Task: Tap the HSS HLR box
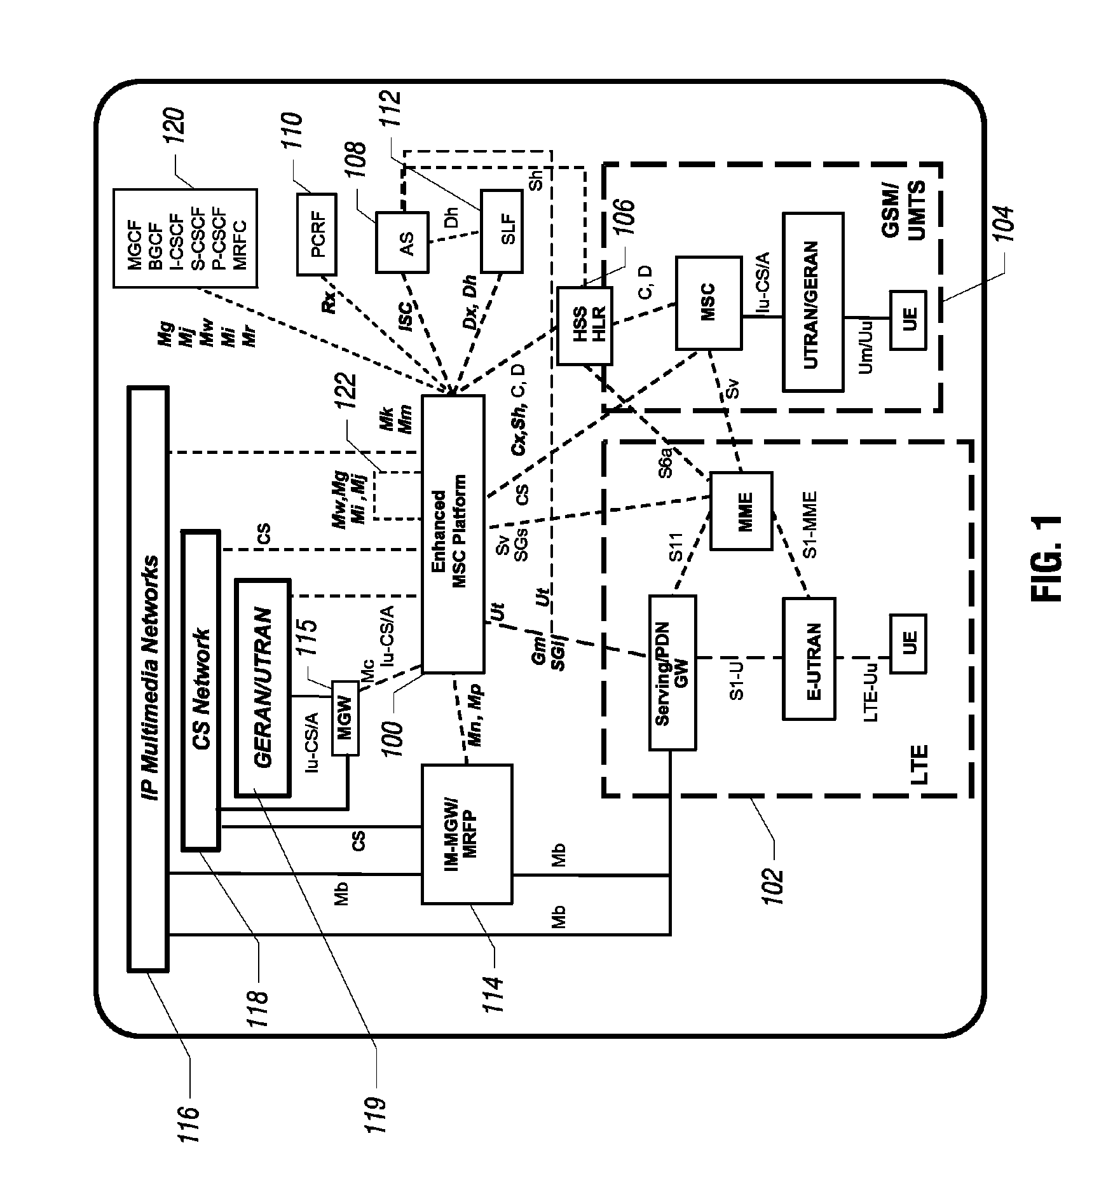coord(584,325)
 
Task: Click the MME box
coord(741,511)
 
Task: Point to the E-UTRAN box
coord(809,658)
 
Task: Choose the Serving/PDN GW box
coord(673,672)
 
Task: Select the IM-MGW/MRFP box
coord(467,833)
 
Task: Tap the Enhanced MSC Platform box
coord(453,533)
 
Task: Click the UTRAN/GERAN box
coord(813,301)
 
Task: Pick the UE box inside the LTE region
coord(908,643)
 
